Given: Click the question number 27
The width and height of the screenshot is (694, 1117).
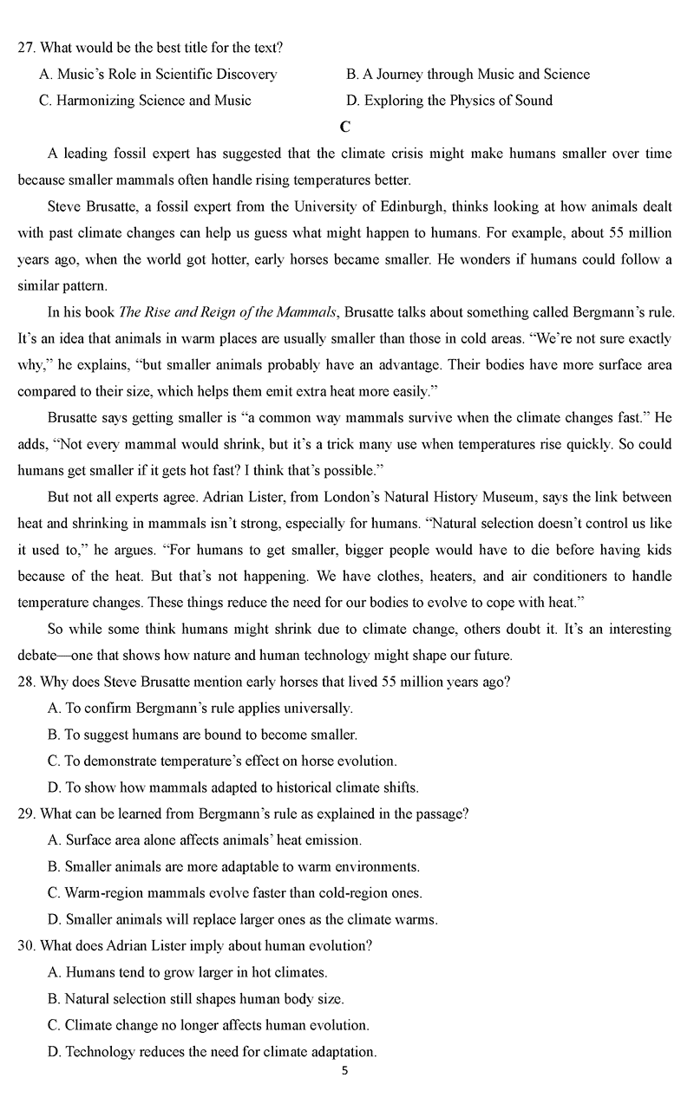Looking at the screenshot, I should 25,48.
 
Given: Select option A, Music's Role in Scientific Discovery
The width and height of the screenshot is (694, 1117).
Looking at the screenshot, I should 158,75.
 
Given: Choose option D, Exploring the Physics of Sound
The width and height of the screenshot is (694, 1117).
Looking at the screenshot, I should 448,101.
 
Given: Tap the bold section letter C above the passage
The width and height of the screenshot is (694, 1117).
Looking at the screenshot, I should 345,127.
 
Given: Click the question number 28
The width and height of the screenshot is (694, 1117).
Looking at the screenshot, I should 25,682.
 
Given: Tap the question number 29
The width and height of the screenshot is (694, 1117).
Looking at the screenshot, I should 25,813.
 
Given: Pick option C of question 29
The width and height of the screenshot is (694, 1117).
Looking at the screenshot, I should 235,893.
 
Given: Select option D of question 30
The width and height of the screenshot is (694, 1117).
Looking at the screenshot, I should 212,1052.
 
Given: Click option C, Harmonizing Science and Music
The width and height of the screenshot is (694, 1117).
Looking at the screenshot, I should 145,101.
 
